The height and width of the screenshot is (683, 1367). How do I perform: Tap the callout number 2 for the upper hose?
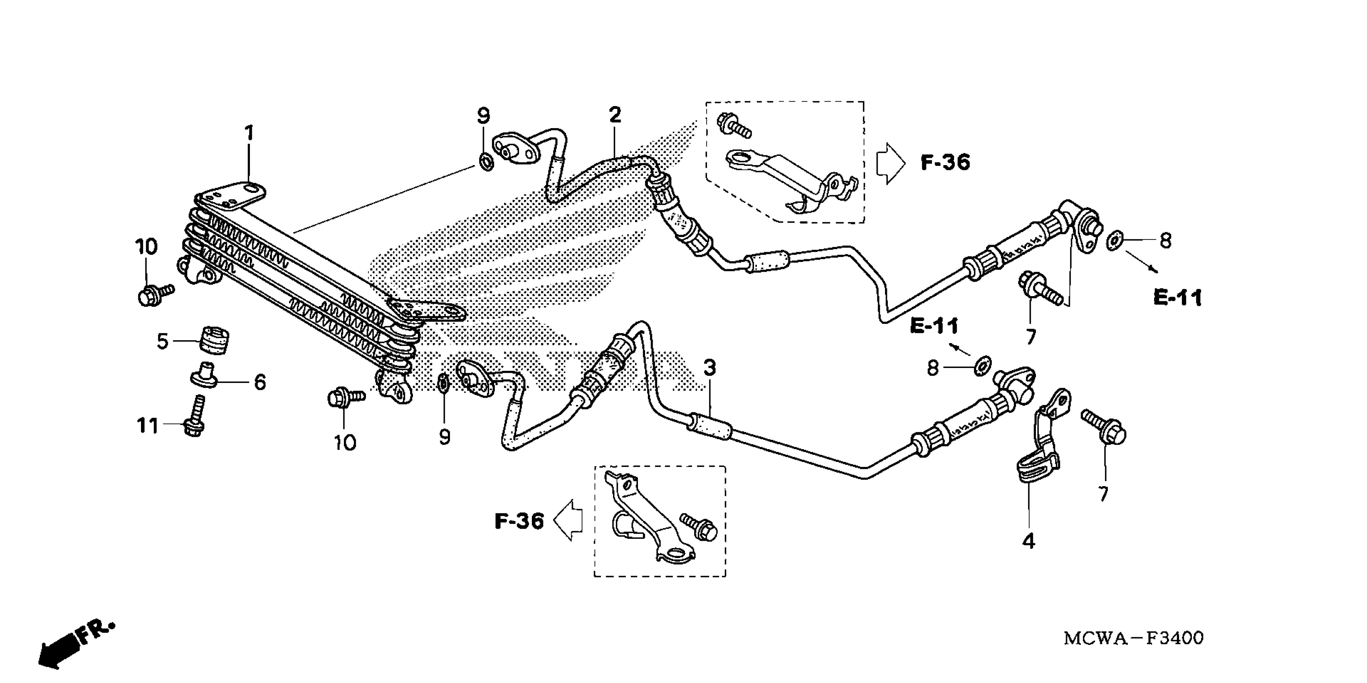coord(615,115)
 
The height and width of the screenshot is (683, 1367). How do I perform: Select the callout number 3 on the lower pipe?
coord(710,368)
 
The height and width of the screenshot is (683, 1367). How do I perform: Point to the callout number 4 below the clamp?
coord(1028,541)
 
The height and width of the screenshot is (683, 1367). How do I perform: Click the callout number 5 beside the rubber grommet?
coord(162,341)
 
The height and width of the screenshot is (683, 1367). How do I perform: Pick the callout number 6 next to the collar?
coord(260,382)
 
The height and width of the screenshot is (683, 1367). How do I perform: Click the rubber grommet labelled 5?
coord(215,339)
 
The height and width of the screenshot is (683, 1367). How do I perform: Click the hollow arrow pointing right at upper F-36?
coord(890,163)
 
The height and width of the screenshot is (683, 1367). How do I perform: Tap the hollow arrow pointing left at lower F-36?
coord(568,520)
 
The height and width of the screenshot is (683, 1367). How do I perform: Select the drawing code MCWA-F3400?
coord(1134,638)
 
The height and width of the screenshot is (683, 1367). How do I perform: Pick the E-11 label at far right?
coord(1177,298)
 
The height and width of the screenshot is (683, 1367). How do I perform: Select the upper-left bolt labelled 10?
coord(154,293)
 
